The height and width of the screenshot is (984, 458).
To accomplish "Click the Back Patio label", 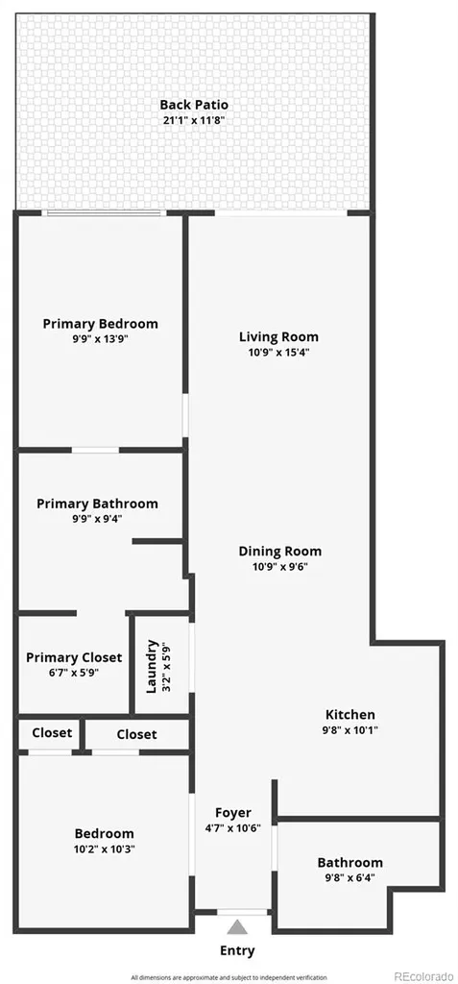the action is click(193, 105).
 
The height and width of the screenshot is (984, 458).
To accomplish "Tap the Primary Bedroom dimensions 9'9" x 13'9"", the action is click(101, 339).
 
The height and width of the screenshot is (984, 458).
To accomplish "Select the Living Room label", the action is click(278, 337).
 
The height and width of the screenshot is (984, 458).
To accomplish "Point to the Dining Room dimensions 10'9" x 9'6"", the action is click(279, 566).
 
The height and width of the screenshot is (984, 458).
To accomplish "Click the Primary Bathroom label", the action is click(97, 504).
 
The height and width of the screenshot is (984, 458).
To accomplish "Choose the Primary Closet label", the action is click(74, 657).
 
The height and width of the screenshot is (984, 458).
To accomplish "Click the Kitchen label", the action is click(350, 715).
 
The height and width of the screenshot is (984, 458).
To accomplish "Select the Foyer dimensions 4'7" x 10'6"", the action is click(232, 827).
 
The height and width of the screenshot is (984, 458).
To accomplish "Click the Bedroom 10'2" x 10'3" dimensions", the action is click(104, 849).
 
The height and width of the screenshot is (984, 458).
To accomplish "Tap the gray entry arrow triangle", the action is click(236, 927).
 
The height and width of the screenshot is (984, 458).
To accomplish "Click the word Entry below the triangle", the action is click(237, 950).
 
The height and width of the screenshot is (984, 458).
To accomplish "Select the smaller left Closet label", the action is click(52, 732).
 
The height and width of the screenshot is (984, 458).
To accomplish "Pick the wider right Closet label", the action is click(136, 733).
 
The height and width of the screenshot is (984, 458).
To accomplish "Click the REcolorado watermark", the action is click(423, 976).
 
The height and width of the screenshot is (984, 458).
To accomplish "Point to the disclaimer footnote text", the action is click(229, 977).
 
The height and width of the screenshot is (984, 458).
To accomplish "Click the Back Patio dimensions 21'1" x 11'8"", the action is click(194, 120).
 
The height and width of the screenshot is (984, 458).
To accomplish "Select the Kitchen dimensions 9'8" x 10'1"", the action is click(350, 730).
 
